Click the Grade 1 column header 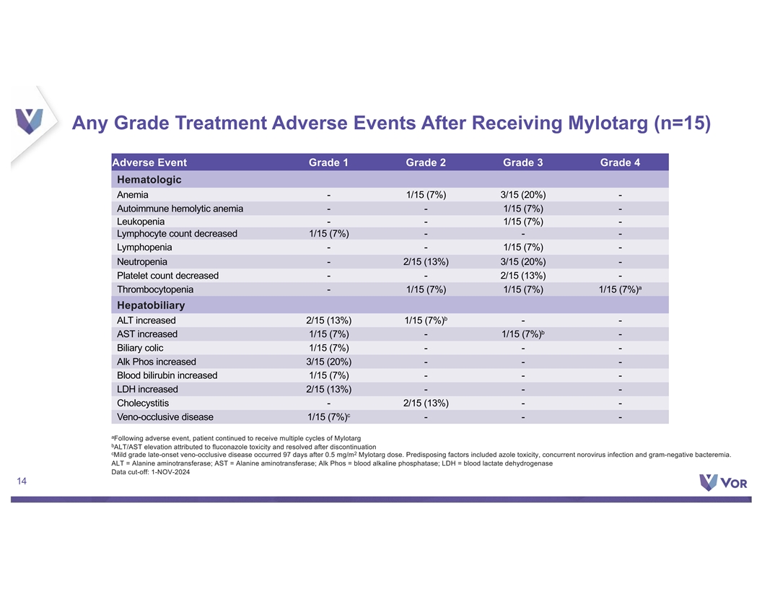(328, 162)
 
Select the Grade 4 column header (620, 162)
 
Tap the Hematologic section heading (149, 179)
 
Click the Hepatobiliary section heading (151, 305)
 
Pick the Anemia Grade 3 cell (523, 195)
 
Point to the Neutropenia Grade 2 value (426, 262)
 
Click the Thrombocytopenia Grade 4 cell (620, 289)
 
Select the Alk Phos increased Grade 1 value (328, 362)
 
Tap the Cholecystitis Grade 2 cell (426, 403)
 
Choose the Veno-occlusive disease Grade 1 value (328, 417)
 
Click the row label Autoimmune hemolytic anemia (180, 209)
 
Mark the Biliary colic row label (140, 348)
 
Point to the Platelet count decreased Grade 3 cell (523, 276)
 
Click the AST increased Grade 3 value (523, 334)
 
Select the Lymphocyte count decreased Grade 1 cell (328, 234)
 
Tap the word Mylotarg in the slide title (608, 123)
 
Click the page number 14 (22, 481)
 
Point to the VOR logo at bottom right (723, 482)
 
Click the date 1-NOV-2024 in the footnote (170, 472)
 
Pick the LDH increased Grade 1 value (328, 389)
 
